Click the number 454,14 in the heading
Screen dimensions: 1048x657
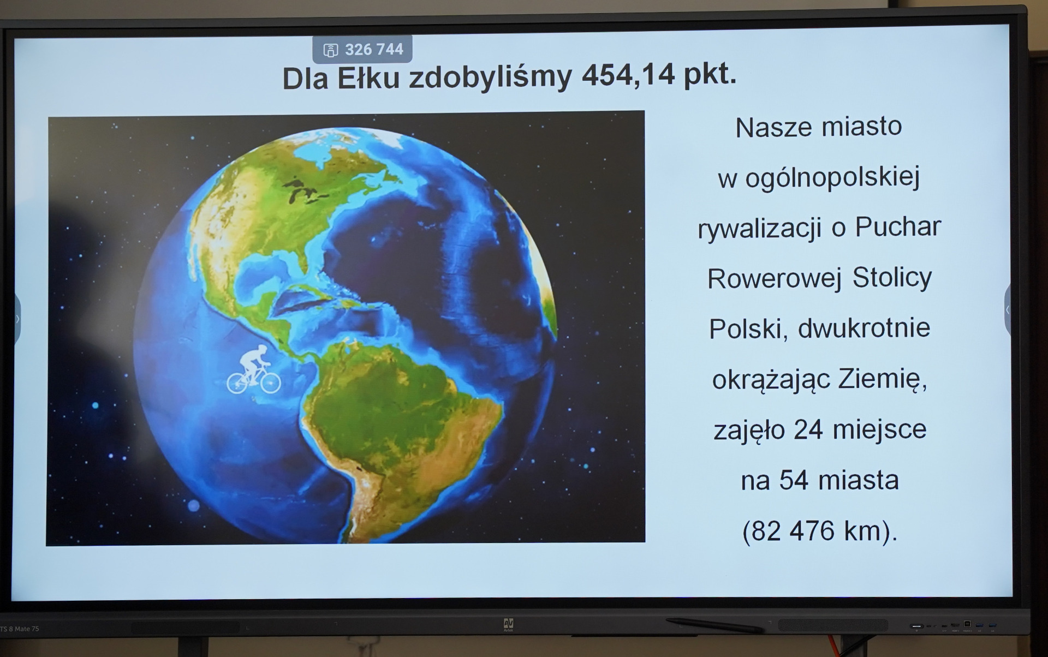tap(628, 76)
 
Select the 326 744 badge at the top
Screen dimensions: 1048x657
tap(362, 50)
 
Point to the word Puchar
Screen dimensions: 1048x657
tap(898, 226)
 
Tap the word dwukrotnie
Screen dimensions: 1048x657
tap(864, 328)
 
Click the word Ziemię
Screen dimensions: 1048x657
tap(883, 379)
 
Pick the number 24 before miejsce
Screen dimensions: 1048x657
tap(808, 429)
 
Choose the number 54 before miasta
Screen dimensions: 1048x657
tap(794, 480)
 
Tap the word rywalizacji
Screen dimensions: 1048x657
tap(759, 229)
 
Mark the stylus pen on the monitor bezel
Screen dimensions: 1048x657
tap(714, 625)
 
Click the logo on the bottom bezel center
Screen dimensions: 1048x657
tap(508, 624)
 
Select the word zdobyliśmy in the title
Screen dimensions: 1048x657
tap(490, 77)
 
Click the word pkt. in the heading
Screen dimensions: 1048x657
tap(710, 75)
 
